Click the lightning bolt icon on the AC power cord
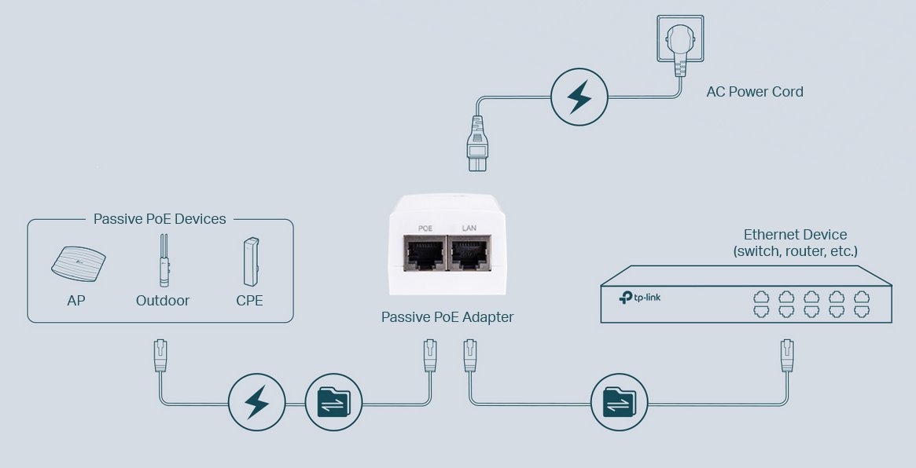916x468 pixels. [x=579, y=97]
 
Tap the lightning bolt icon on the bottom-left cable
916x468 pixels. [x=256, y=402]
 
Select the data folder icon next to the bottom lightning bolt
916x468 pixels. [x=333, y=402]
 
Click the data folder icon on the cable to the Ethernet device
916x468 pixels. [x=619, y=402]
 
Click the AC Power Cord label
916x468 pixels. [x=755, y=92]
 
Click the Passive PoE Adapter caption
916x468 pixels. [x=447, y=317]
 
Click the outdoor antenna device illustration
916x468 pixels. [x=163, y=261]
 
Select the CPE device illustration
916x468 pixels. [x=250, y=261]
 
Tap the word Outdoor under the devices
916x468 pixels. [x=163, y=300]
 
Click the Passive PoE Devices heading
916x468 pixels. [x=160, y=219]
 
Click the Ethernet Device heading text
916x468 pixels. [x=795, y=235]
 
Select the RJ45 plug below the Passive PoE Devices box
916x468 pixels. [x=160, y=356]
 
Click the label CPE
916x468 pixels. [x=249, y=300]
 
